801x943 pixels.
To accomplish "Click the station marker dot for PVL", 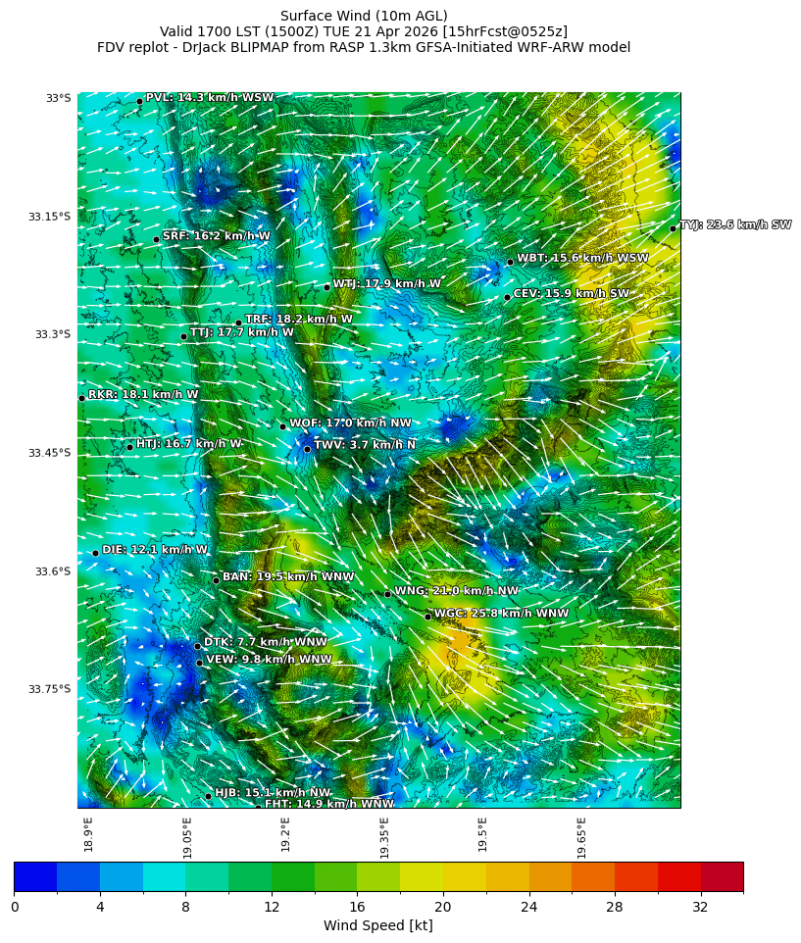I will (x=139, y=101).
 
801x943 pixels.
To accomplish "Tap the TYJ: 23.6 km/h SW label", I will (x=735, y=224).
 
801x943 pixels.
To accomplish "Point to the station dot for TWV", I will (x=307, y=449).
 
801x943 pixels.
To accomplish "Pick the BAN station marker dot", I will (x=216, y=580).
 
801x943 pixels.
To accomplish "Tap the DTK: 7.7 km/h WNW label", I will (x=265, y=642).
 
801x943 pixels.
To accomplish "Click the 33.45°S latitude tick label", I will (x=52, y=453).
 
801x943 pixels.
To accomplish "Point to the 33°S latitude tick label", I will (x=58, y=98).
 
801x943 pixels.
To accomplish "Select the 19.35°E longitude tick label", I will (x=384, y=837).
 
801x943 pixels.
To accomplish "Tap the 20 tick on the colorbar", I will (x=443, y=908).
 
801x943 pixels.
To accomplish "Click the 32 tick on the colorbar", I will (x=700, y=908).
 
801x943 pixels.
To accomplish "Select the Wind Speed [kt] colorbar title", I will (x=377, y=926).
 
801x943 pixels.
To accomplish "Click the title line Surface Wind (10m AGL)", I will (x=364, y=16).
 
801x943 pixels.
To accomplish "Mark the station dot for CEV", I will (x=507, y=297).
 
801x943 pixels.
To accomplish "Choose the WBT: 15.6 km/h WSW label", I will (x=582, y=258).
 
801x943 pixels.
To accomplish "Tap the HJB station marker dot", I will (x=208, y=796).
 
